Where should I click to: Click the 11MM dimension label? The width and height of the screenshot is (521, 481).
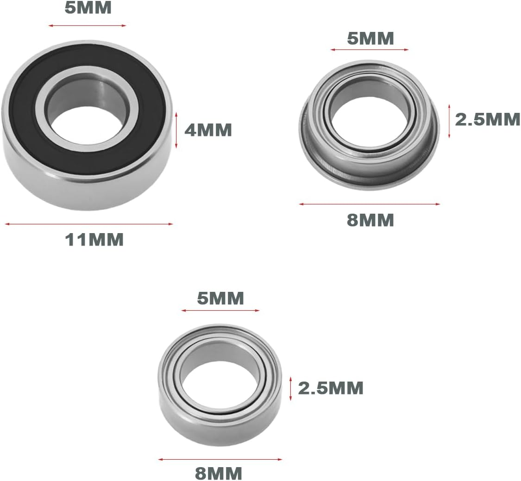click(x=94, y=240)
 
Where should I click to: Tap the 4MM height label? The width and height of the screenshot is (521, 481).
click(x=208, y=130)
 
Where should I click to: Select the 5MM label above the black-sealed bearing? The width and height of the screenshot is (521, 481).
click(x=88, y=8)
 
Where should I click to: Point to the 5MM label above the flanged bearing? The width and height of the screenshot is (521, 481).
click(x=370, y=39)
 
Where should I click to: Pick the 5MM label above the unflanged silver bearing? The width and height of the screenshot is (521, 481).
click(x=220, y=299)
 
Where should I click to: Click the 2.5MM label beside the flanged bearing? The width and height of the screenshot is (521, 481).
click(x=488, y=120)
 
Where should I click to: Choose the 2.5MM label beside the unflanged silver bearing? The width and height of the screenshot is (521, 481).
click(x=330, y=388)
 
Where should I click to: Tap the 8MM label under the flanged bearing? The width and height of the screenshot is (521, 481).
click(x=370, y=220)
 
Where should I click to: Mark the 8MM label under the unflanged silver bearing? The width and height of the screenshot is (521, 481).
click(x=219, y=473)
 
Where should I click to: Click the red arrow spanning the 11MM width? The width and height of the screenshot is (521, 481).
click(x=88, y=224)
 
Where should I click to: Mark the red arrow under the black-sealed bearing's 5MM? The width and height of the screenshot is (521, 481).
click(x=87, y=25)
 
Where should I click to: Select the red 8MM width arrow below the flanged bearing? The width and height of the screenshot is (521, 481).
click(x=369, y=203)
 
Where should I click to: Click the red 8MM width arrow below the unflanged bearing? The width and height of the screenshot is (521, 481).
click(x=220, y=459)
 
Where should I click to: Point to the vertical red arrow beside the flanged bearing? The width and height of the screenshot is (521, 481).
click(x=449, y=121)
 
